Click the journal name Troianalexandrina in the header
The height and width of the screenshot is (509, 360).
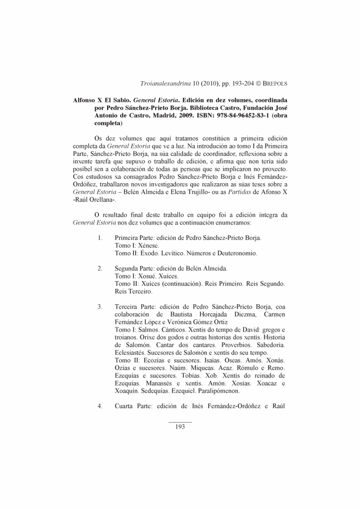point(166,84)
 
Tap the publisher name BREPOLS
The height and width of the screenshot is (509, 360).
point(275,84)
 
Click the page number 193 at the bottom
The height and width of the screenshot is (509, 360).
point(180,427)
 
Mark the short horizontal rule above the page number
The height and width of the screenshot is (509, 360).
point(180,422)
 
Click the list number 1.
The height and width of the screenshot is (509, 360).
point(100,237)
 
